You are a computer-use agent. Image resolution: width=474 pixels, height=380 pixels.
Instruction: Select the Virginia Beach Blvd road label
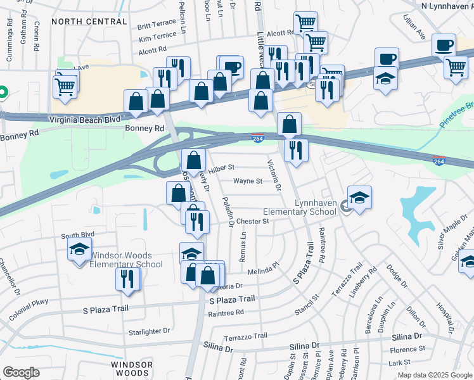tap(86, 118)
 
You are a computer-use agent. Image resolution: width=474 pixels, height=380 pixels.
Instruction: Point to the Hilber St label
tap(222, 168)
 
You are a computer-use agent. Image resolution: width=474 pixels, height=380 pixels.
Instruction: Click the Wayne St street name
tap(248, 181)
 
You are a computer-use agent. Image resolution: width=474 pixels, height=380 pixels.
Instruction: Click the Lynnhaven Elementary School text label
tap(314, 208)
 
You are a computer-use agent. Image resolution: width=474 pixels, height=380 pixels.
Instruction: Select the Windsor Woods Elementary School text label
tap(126, 260)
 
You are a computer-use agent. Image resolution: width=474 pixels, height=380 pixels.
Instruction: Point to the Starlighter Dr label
tap(150, 331)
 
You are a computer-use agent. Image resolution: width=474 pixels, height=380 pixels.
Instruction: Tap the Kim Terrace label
tap(157, 38)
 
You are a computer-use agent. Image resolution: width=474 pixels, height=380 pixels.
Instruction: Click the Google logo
tap(21, 372)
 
